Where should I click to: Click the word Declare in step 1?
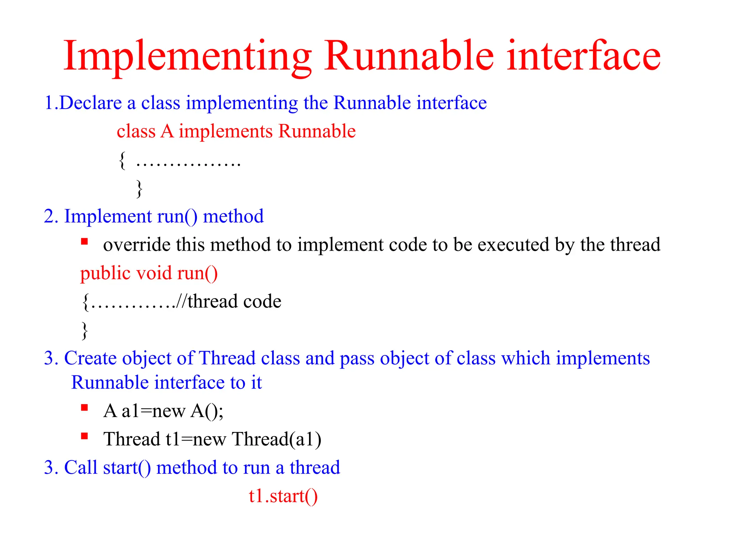90,103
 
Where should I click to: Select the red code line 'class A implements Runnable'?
236,131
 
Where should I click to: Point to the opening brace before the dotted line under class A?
122,161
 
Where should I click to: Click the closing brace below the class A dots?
139,189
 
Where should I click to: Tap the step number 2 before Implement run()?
49,217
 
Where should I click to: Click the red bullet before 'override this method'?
84,242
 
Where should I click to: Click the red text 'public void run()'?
149,273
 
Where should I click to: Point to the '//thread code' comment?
229,302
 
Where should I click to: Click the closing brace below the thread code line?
85,330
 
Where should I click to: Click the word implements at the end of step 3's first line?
603,358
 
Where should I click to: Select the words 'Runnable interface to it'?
166,383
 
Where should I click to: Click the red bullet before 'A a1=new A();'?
84,408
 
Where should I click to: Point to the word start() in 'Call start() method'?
127,468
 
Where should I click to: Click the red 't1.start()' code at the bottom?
283,496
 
